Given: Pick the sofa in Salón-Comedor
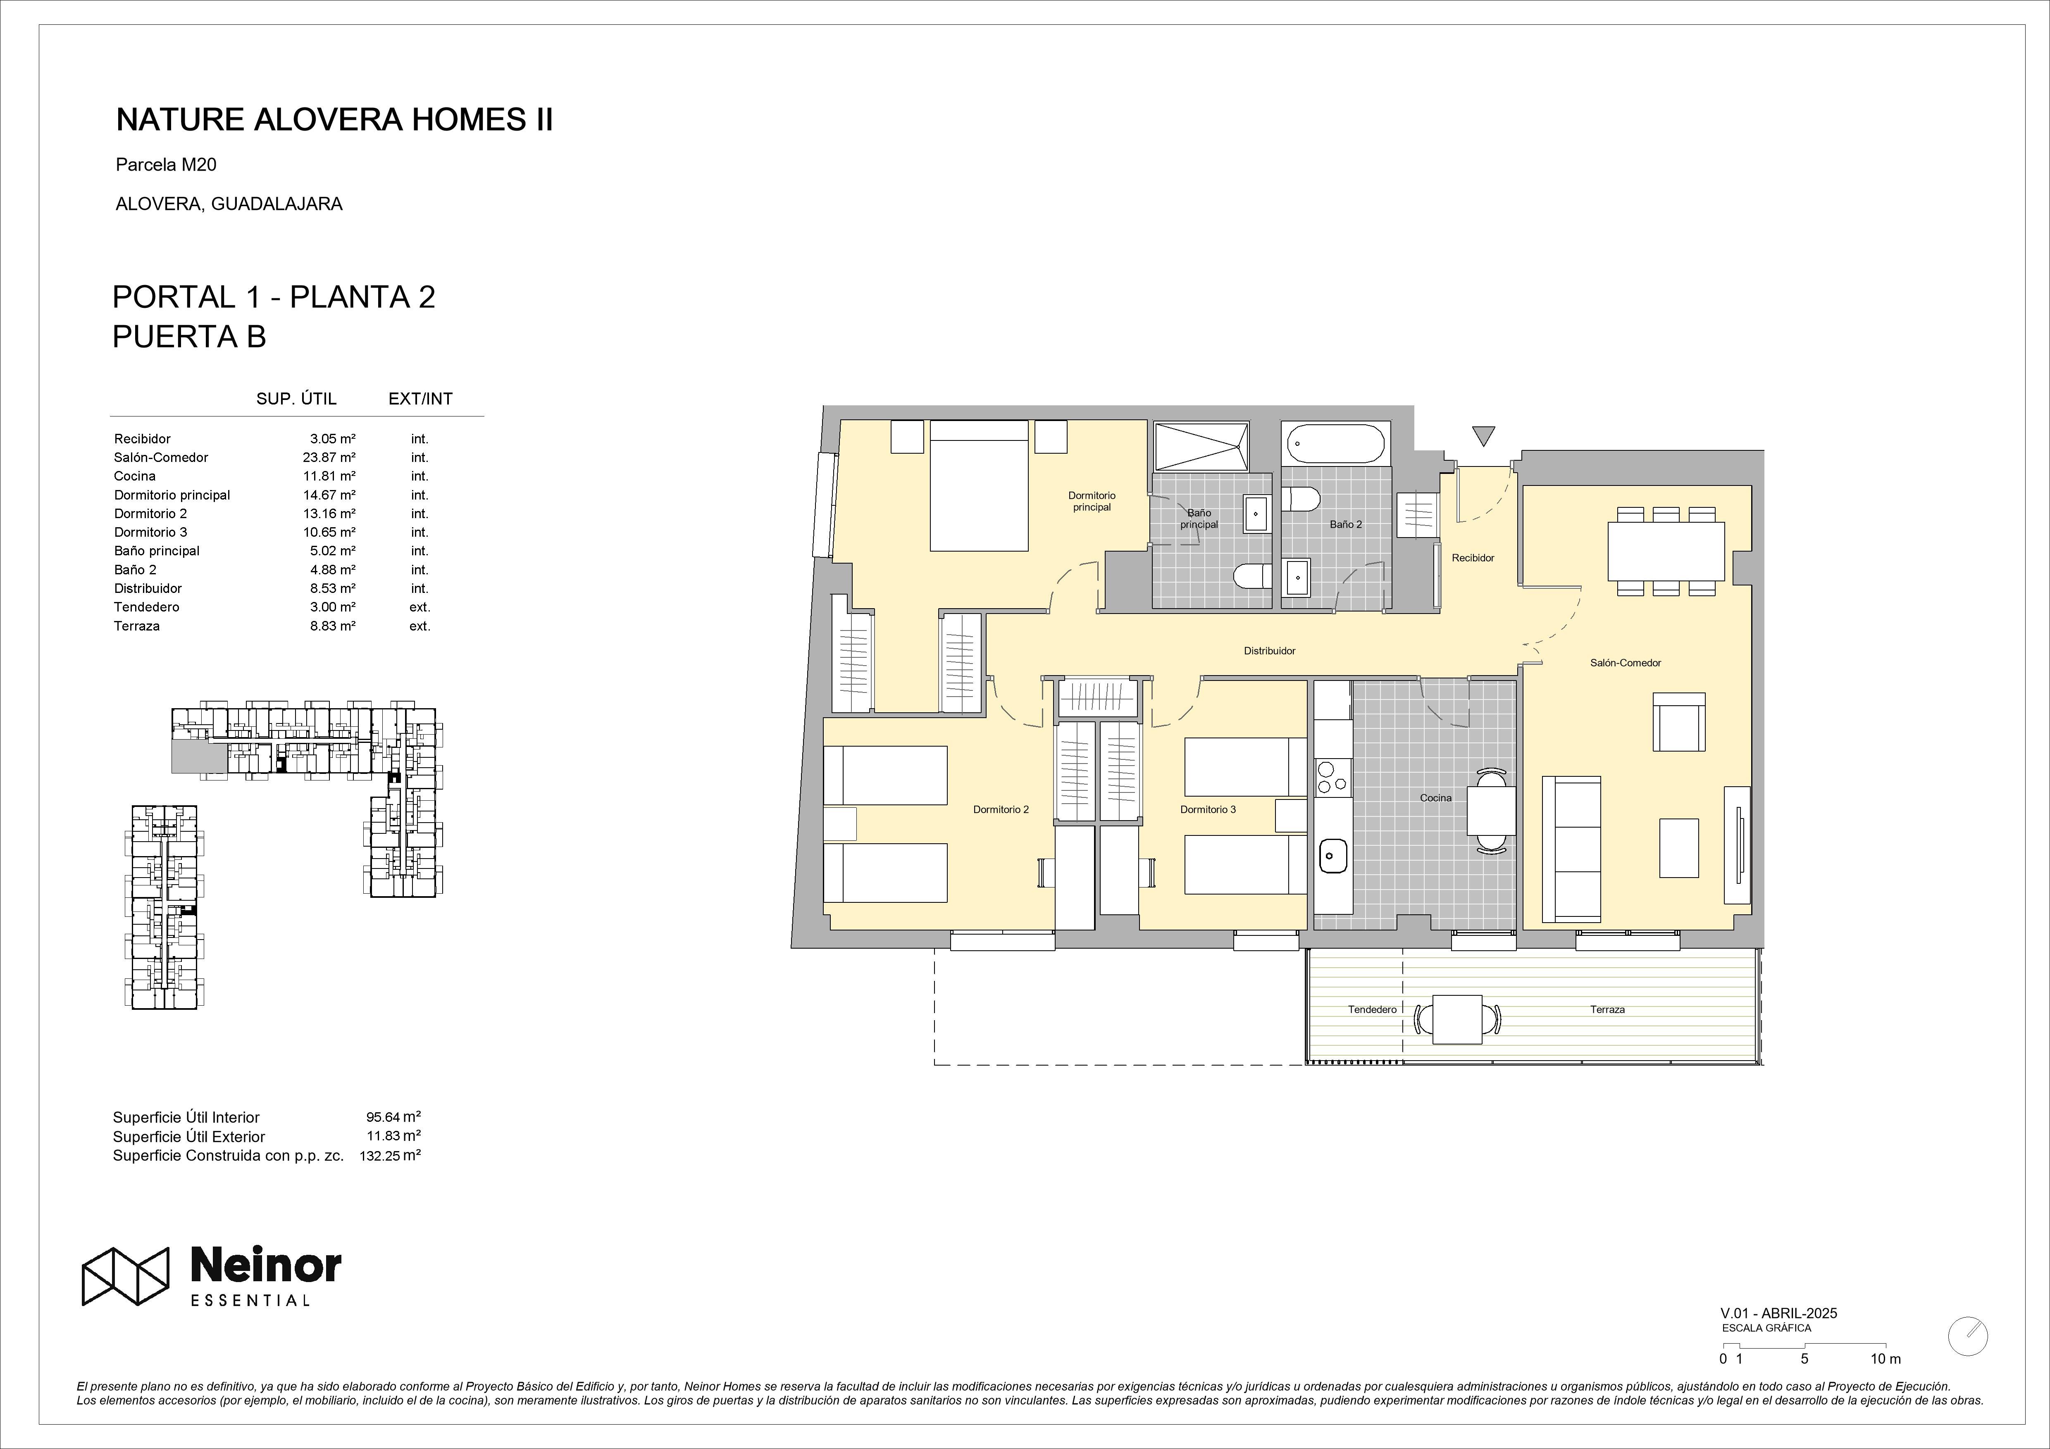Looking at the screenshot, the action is click(x=1571, y=848).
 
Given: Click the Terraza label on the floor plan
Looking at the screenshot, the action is click(x=1607, y=1010).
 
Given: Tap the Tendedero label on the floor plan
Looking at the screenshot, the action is click(x=1372, y=1010).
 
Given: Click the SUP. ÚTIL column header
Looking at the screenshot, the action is click(x=296, y=399).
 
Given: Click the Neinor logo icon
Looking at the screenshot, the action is click(x=126, y=1276).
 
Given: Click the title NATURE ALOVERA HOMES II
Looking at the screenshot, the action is click(x=335, y=120).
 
